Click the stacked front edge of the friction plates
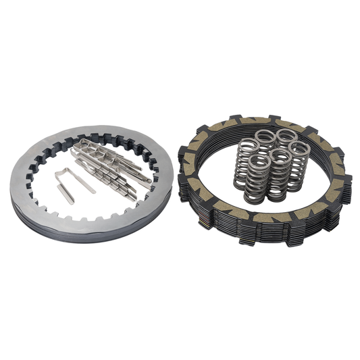coord(270,233)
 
